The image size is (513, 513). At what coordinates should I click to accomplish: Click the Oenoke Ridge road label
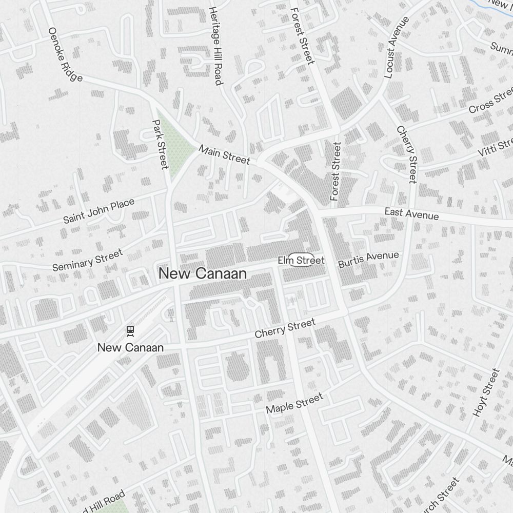pos(65,54)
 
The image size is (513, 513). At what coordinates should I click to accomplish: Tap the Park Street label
pos(161,144)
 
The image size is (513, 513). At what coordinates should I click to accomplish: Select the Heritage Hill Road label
pos(216,46)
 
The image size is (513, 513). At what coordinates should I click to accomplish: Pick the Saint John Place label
pos(98,211)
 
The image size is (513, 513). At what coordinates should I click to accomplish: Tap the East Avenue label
pos(412,213)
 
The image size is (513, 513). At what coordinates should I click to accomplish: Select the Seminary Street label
pos(88,260)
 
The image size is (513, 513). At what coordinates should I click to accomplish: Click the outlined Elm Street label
pos(301,260)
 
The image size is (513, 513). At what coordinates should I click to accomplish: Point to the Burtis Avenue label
pos(368,259)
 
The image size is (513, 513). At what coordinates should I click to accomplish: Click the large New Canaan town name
pos(203,273)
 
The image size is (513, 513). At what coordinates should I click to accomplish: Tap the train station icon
pos(130,331)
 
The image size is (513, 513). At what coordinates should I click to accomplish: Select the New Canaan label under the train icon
pos(130,347)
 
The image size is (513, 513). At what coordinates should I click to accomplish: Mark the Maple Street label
pos(294,403)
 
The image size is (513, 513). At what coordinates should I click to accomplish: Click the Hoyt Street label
pos(485,393)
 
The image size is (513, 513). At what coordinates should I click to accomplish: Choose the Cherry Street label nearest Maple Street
pos(285,328)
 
